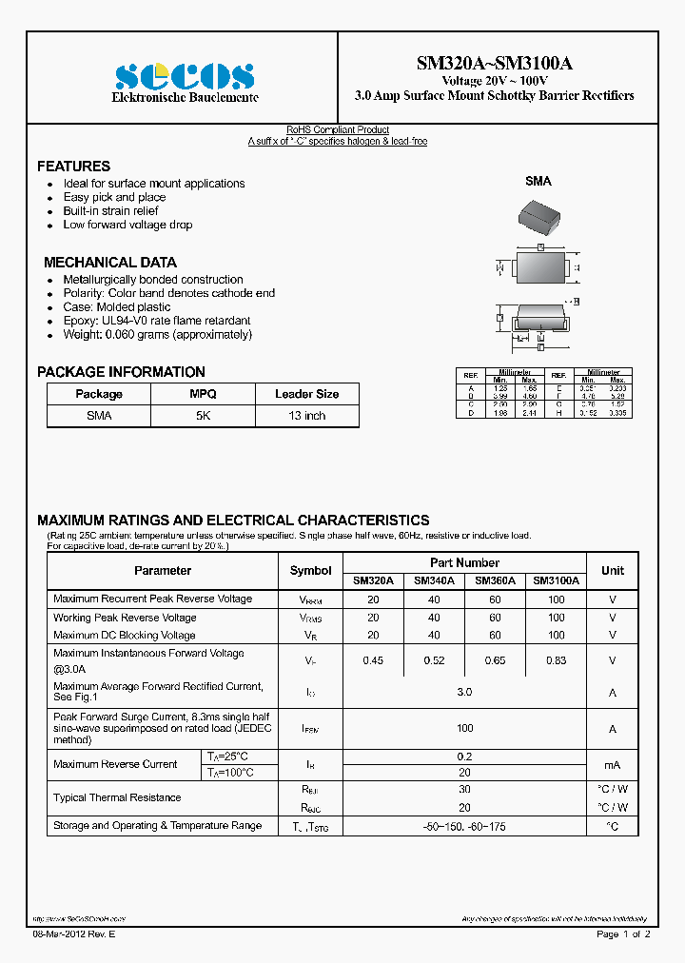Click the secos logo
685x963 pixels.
(184, 76)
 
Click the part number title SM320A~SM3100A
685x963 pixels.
(494, 64)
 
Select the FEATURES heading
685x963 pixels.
(73, 166)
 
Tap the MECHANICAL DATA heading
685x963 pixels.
(110, 262)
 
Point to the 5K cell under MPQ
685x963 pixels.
(203, 416)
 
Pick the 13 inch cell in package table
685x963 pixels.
(306, 416)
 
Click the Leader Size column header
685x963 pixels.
(306, 394)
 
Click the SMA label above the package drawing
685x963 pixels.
(538, 181)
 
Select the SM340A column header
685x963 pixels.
(434, 580)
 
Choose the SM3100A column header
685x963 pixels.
(557, 580)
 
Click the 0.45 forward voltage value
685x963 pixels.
(373, 660)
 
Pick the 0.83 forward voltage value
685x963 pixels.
(557, 660)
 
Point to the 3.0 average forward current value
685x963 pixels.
(464, 692)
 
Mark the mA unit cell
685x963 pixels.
(613, 764)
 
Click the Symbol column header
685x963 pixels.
(311, 571)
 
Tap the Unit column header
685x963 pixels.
(613, 571)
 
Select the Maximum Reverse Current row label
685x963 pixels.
(115, 764)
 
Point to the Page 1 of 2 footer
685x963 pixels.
(623, 935)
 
